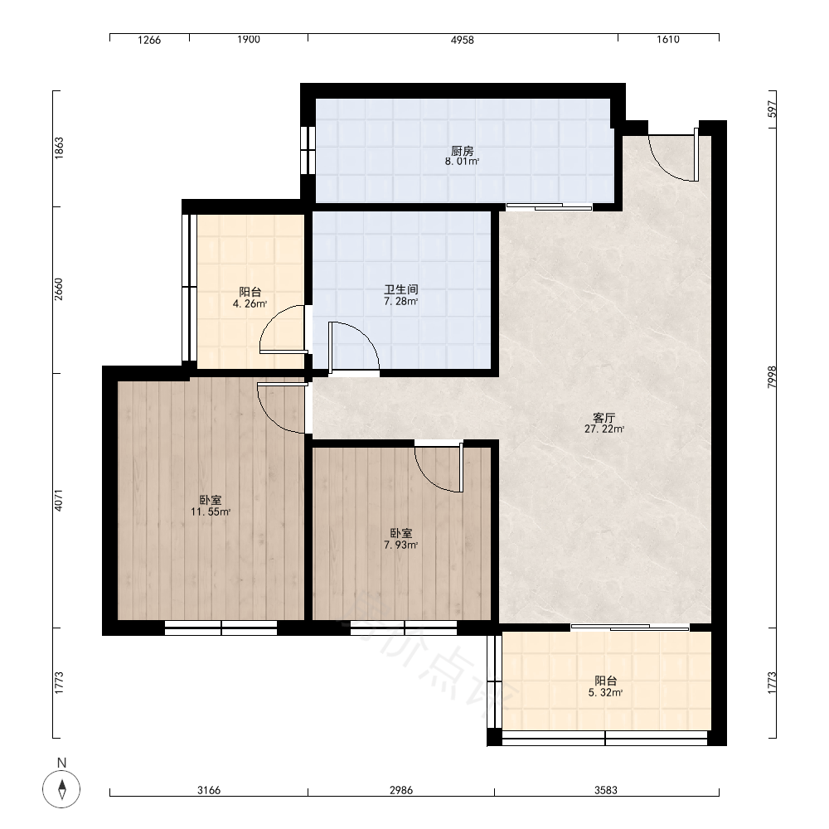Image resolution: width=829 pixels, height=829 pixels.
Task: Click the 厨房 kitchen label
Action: pos(462,151)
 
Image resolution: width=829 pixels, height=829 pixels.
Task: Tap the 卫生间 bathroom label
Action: pos(400,289)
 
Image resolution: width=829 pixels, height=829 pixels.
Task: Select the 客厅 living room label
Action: pos(604,418)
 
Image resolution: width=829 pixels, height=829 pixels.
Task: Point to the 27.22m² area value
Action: pos(604,429)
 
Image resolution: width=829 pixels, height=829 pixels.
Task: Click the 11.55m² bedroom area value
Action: pos(211,511)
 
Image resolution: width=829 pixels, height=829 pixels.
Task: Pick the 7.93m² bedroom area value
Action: pos(400,545)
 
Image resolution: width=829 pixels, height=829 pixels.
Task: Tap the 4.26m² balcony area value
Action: pos(250,304)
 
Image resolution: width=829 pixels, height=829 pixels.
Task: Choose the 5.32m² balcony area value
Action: pos(605,693)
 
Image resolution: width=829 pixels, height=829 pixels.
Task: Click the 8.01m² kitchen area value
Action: pos(462,162)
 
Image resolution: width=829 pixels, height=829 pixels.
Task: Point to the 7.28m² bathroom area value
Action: pos(400,302)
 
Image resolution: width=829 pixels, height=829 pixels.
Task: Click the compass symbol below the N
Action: pos(62,789)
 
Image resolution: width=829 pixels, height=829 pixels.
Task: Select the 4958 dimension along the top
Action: pos(462,40)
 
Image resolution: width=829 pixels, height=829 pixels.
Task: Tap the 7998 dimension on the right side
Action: pos(772,377)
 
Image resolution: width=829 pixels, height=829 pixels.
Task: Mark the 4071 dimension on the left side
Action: pos(59,501)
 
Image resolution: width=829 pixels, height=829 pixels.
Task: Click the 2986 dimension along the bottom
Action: pos(400,790)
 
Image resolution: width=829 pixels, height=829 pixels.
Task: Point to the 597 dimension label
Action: pos(772,109)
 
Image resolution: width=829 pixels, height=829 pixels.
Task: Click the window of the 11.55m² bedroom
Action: pos(221,628)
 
